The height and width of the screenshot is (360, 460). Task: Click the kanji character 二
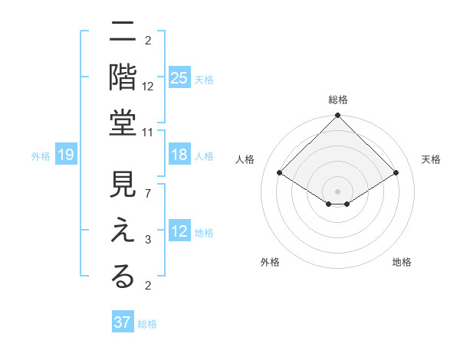(123, 34)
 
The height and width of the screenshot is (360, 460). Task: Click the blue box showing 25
(179, 79)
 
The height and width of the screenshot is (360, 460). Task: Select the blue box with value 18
(179, 155)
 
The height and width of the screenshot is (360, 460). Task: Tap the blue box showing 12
(179, 232)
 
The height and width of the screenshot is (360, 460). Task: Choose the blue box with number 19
(66, 155)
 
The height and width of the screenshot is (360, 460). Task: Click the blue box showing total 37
(123, 322)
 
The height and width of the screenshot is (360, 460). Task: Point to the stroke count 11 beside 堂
(147, 133)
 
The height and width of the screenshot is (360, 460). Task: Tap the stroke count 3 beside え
(147, 240)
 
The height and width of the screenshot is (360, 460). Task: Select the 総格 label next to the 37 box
(148, 324)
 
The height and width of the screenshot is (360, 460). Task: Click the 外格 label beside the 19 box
(41, 156)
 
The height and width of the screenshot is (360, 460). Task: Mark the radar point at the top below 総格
(337, 116)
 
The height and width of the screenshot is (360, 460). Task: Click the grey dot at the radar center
(337, 190)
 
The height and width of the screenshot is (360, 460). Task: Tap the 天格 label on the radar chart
(431, 159)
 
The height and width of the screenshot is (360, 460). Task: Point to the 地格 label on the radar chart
(402, 263)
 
